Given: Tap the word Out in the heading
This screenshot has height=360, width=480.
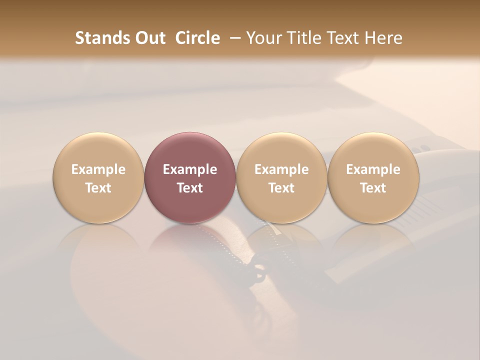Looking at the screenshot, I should [149, 38].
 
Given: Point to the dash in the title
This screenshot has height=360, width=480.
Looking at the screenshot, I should [233, 38].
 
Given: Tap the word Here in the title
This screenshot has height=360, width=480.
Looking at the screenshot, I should [384, 38].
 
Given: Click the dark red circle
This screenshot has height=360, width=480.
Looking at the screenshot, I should [190, 150].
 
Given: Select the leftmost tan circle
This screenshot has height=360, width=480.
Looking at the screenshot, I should [98, 150].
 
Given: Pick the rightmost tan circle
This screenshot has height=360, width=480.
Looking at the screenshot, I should [373, 150].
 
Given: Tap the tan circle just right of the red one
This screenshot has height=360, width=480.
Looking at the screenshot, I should [281, 150].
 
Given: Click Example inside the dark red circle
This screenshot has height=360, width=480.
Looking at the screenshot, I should [190, 169].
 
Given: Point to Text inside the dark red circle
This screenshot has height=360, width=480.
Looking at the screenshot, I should [190, 188].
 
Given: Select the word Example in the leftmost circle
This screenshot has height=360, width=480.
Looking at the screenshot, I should [98, 169].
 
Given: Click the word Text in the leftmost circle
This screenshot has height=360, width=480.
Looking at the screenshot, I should [98, 188].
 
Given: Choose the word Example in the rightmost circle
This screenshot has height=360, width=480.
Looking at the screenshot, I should [373, 169].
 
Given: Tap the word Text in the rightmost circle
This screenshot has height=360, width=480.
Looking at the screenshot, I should [373, 188].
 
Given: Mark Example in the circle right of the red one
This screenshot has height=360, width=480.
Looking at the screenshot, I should [281, 169].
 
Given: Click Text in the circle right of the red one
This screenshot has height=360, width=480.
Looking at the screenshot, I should [281, 188].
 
